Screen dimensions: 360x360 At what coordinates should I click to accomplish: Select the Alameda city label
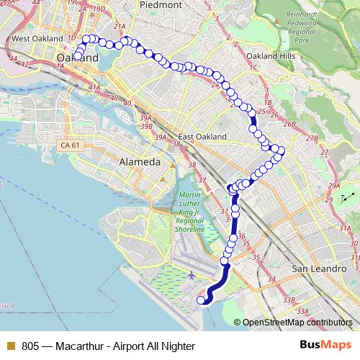140,162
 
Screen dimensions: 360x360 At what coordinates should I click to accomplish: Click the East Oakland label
202,137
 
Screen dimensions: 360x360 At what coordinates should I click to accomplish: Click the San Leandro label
315,269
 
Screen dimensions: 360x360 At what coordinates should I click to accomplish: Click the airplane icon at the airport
191,275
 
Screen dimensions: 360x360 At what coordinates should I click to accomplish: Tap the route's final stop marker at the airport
201,300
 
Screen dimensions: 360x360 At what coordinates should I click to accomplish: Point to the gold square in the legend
9,346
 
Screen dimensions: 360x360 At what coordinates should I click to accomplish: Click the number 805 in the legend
30,346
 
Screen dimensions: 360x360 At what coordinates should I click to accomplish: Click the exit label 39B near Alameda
147,126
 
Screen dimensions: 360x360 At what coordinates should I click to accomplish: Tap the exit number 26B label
290,124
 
